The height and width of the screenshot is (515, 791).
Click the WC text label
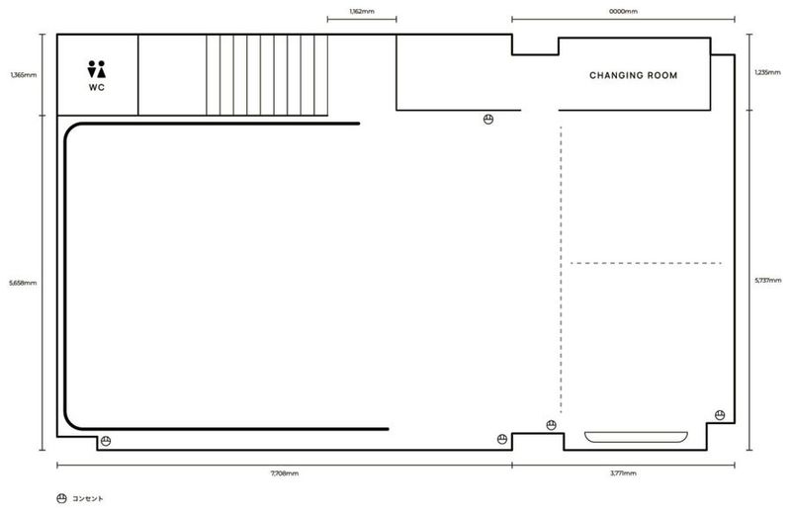tap(97, 87)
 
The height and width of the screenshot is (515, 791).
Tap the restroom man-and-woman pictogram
tap(96, 69)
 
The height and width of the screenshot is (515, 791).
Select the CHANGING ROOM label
tap(633, 76)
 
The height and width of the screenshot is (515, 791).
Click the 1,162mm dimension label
tap(362, 11)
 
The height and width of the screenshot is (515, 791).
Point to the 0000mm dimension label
tap(623, 11)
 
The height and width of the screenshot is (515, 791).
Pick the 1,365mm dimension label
tap(23, 75)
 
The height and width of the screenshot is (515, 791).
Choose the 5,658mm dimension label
tap(23, 283)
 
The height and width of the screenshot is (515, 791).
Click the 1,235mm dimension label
tap(767, 72)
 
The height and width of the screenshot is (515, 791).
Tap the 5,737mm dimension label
tap(768, 281)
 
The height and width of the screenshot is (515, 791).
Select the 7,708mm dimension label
tap(285, 473)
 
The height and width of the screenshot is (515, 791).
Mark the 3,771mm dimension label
tap(623, 473)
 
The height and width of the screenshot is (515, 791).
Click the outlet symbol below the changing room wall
tap(487, 120)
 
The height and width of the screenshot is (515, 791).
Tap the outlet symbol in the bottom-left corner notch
tap(106, 441)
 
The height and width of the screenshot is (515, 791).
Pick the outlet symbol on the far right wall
tap(720, 415)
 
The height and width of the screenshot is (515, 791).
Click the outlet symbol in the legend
tap(61, 498)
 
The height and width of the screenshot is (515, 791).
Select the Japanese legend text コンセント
tap(88, 498)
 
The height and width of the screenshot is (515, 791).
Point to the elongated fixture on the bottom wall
tap(636, 437)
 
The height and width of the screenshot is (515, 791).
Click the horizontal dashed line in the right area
tap(646, 263)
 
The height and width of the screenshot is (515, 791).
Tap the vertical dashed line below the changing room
tap(561, 270)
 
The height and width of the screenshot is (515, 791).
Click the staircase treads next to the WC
tap(267, 75)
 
